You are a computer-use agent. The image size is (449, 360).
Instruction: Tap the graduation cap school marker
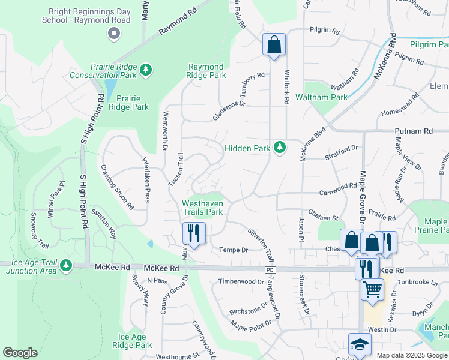point(360,344)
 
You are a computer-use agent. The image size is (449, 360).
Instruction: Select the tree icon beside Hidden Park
point(279,147)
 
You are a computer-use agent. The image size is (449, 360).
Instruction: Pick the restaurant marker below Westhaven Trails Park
point(194,232)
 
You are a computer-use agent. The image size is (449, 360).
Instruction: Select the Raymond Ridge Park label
point(207,71)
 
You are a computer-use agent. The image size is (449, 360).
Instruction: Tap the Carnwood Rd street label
point(338,188)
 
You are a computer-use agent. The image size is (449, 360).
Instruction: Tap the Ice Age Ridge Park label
point(135,341)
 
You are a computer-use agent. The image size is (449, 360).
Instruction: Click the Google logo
point(20,353)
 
